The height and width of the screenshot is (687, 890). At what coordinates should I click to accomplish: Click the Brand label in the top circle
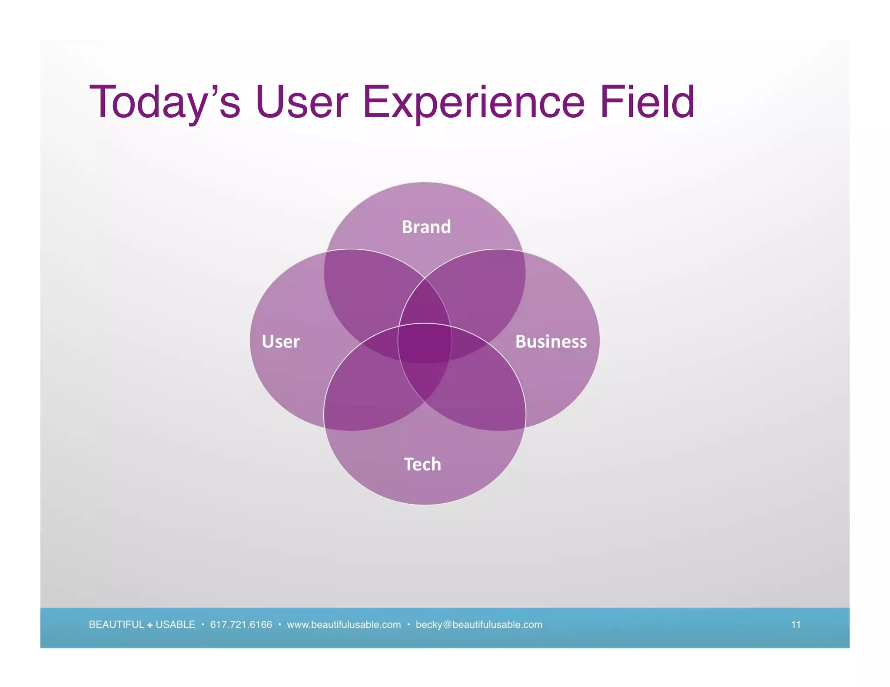click(x=426, y=227)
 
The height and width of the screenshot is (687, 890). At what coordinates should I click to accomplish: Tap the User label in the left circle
click(x=281, y=341)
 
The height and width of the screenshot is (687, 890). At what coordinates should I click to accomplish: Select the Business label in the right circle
click(x=551, y=341)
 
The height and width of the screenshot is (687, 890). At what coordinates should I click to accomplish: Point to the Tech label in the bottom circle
click(x=422, y=464)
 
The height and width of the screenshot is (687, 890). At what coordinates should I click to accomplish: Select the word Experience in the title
click(x=474, y=102)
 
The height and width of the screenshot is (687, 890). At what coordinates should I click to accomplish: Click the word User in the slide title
click(x=302, y=102)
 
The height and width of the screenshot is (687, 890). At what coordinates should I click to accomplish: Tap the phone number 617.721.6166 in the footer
click(x=241, y=624)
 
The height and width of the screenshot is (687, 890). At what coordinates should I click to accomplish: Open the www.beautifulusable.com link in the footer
click(x=344, y=624)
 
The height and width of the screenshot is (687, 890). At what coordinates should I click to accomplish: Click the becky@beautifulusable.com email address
click(x=479, y=624)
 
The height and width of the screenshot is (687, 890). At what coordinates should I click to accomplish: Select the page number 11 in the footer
click(x=796, y=624)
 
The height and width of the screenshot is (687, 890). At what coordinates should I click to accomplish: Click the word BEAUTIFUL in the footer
click(x=116, y=624)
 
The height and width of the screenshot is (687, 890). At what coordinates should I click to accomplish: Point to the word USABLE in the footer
click(x=175, y=624)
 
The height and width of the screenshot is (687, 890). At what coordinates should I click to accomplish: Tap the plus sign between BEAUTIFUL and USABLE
click(x=150, y=625)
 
